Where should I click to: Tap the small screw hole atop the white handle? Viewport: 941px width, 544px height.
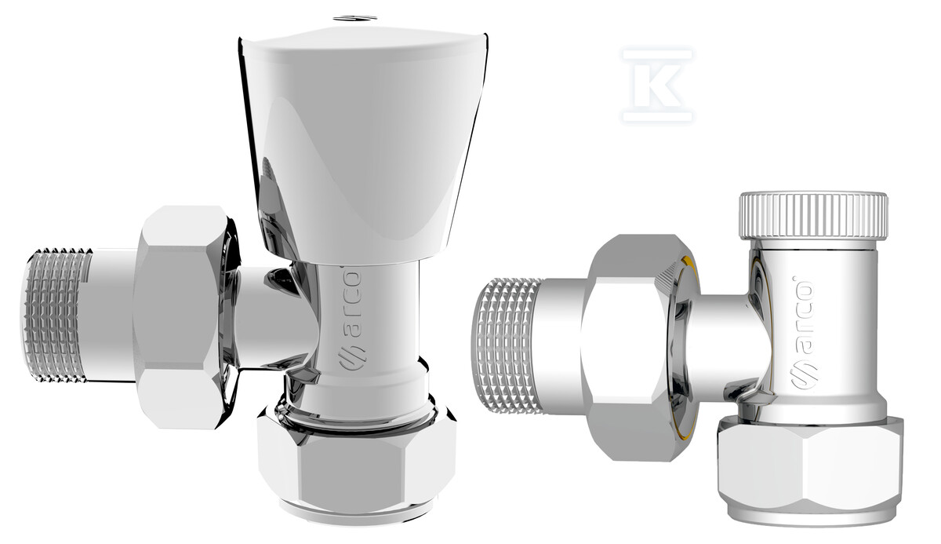(354, 19)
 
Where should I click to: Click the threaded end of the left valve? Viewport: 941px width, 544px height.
(56, 316)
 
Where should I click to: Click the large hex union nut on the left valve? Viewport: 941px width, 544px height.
(185, 317)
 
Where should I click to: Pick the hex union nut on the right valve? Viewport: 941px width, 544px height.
(638, 347)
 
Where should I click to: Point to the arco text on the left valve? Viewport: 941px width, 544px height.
(352, 304)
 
